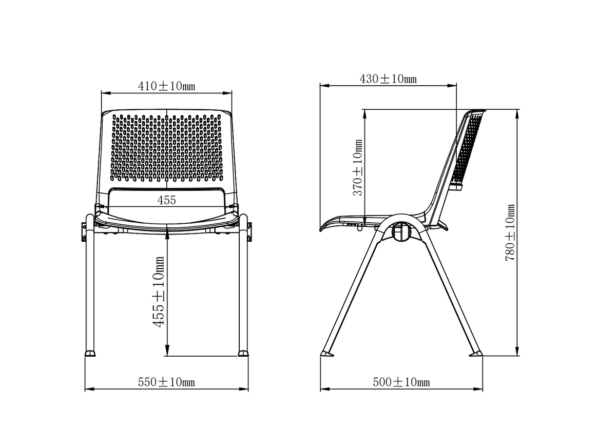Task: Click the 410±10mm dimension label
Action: point(167,86)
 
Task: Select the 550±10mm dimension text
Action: point(167,382)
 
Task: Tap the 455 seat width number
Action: point(166,200)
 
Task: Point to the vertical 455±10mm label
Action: point(159,292)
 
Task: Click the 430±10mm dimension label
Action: point(388,79)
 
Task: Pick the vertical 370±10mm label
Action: point(357,168)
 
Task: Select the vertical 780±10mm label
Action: point(510,232)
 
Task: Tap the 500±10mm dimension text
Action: point(401,382)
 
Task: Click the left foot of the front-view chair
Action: point(90,353)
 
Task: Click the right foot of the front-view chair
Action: point(243,353)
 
